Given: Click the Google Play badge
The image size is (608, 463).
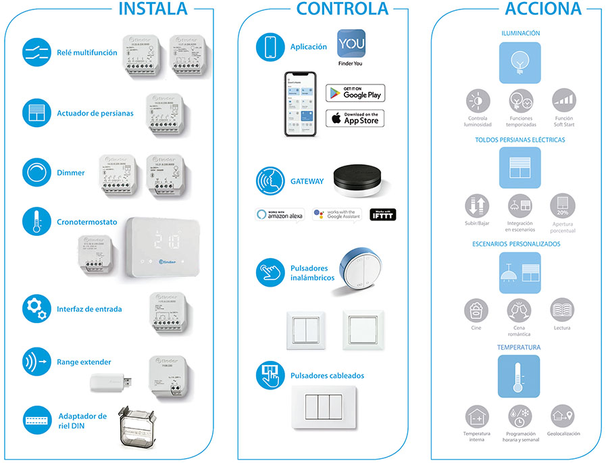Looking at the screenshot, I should coord(355,93).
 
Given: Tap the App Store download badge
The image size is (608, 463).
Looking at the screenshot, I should coord(355,118).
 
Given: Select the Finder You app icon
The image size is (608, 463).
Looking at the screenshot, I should coord(351,43).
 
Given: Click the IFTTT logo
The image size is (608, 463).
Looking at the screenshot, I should coord(383,214).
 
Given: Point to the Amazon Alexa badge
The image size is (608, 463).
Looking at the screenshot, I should coord(280,214).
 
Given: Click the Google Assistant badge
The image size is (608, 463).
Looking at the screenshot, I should coord(336,214).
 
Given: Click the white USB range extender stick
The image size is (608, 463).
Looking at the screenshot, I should coord(111,383).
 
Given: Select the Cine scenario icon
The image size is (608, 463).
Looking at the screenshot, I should coord(477,310).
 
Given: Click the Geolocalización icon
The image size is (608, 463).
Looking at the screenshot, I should coord(562,415).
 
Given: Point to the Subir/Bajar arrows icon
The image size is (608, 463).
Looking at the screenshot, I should coord(477,205).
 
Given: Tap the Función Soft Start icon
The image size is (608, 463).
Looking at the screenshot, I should coord(562,101).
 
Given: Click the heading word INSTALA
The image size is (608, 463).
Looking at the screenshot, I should coord(153,9).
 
